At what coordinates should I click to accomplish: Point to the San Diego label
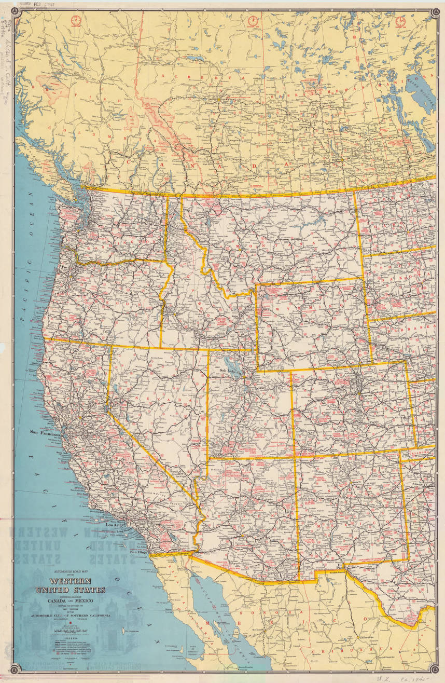[139, 552]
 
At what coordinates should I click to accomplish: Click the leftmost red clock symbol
[77, 21]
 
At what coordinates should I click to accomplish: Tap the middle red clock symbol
[253, 21]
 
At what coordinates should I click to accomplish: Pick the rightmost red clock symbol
[400, 21]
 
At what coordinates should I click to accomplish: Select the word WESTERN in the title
[71, 582]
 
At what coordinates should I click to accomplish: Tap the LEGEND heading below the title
[71, 640]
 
